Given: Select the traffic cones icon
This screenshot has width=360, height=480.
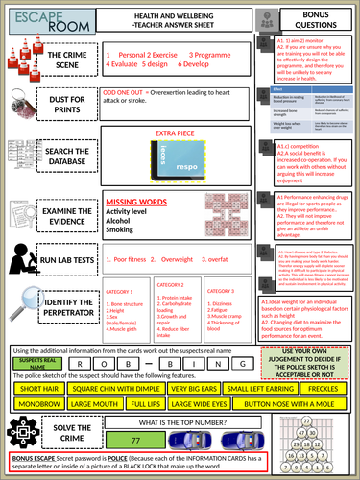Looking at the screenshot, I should coord(20,64).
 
